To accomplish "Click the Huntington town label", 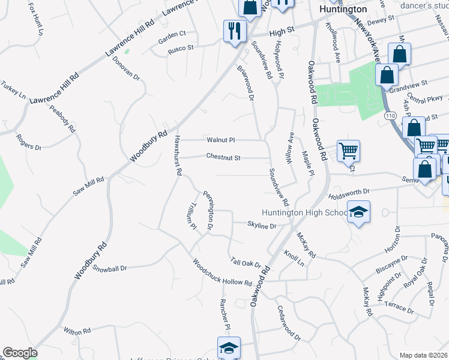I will click(343, 10).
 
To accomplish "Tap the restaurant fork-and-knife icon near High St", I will click(234, 31).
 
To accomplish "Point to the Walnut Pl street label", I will click(220, 140).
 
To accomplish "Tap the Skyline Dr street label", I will click(262, 226).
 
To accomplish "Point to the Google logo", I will click(19, 353).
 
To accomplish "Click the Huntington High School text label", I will click(304, 213).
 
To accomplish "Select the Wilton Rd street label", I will click(77, 331).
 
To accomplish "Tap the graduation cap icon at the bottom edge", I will click(228, 348).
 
